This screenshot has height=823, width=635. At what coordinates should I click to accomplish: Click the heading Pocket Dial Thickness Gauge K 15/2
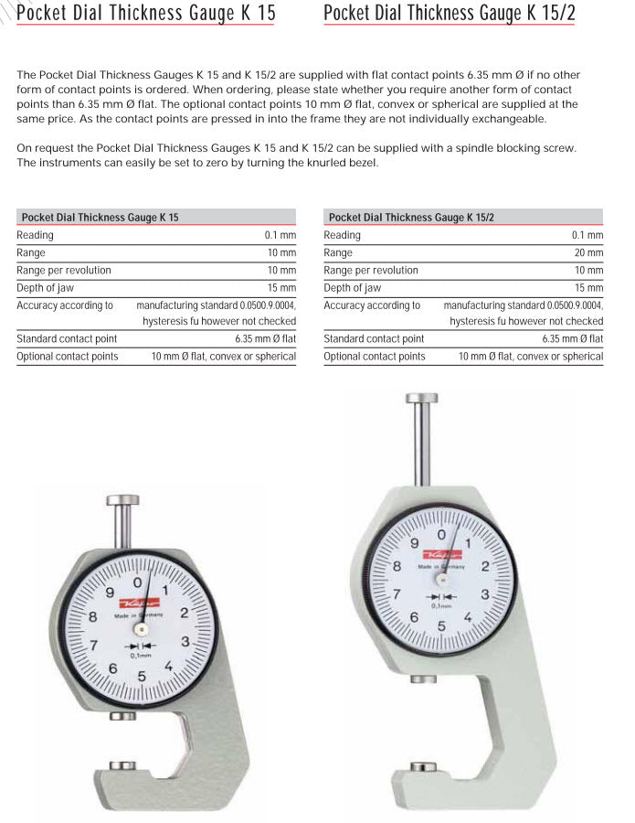[x=450, y=13]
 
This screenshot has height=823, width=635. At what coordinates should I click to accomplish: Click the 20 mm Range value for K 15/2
[x=588, y=253]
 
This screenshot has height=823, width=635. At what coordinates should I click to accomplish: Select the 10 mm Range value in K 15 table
[x=281, y=253]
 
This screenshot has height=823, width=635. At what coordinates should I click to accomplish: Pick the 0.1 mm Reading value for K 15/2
[x=587, y=236]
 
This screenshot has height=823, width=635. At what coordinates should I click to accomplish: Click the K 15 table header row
[x=155, y=218]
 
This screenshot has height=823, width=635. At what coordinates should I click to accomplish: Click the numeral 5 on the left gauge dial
[x=142, y=677]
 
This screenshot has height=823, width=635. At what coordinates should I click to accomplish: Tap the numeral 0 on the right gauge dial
[x=441, y=534]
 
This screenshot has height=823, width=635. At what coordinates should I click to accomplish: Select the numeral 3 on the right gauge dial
[x=485, y=594]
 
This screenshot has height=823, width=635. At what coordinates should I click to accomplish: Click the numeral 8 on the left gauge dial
[x=93, y=617]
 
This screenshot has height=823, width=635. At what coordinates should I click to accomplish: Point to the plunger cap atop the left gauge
[x=122, y=500]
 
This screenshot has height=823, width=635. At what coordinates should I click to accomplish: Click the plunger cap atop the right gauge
[x=421, y=398]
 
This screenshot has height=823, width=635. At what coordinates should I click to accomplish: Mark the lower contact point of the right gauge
[x=423, y=765]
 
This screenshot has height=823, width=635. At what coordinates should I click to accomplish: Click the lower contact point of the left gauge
[x=122, y=764]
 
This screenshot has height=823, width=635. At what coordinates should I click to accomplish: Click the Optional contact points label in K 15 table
[x=68, y=357]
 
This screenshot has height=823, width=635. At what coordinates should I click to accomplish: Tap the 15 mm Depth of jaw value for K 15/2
[x=588, y=288]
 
